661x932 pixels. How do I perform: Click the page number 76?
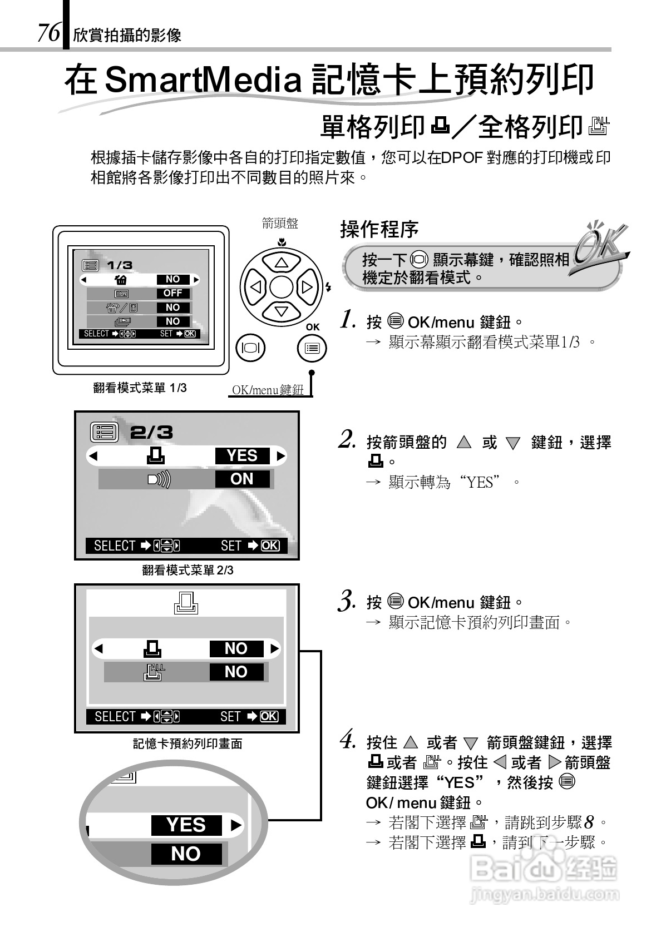click(x=48, y=33)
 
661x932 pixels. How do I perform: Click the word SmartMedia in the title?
click(x=203, y=80)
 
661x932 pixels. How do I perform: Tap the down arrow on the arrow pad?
click(x=281, y=311)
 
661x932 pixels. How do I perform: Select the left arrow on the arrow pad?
click(x=255, y=287)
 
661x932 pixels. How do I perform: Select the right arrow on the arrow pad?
click(x=307, y=287)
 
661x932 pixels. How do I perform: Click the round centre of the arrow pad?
click(x=281, y=287)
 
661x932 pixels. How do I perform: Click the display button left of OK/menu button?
click(x=251, y=348)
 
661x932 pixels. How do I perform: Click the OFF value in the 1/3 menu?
click(x=172, y=293)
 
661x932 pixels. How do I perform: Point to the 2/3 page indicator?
click(x=151, y=432)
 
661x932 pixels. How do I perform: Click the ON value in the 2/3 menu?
click(x=241, y=479)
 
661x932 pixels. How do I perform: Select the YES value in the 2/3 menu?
click(x=242, y=455)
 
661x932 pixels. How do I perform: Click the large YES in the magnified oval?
click(x=186, y=825)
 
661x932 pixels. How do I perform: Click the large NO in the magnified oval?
click(x=186, y=854)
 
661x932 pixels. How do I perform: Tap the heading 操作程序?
click(x=379, y=229)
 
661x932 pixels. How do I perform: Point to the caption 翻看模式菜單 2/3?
click(x=188, y=570)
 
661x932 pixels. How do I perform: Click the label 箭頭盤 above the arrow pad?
click(x=280, y=224)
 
